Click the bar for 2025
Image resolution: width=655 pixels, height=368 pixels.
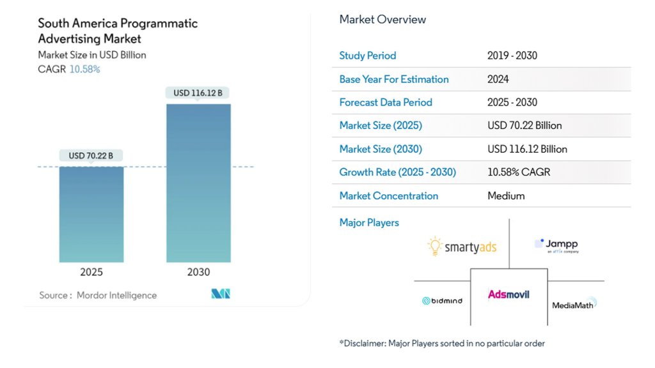[91, 214]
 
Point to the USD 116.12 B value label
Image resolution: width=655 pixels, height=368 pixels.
[198, 93]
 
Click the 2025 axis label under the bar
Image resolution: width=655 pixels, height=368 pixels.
[91, 272]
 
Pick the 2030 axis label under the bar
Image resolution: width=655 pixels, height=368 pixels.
[198, 272]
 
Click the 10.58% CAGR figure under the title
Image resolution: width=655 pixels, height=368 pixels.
[84, 69]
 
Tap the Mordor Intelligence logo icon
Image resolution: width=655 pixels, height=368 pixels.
[220, 294]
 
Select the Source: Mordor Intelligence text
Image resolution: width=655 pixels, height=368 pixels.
[98, 295]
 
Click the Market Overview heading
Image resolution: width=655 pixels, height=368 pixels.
[383, 20]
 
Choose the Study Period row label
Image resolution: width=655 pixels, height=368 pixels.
[368, 56]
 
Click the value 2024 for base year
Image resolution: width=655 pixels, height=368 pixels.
[498, 79]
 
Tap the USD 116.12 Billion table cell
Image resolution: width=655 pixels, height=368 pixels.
[527, 149]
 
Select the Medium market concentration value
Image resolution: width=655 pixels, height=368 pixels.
[506, 196]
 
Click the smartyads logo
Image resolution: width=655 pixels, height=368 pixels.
[462, 247]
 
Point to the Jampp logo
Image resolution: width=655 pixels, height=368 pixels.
[556, 245]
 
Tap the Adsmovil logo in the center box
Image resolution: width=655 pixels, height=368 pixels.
[509, 295]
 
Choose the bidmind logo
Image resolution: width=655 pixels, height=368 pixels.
[442, 300]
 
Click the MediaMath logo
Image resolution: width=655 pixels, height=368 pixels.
[574, 304]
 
